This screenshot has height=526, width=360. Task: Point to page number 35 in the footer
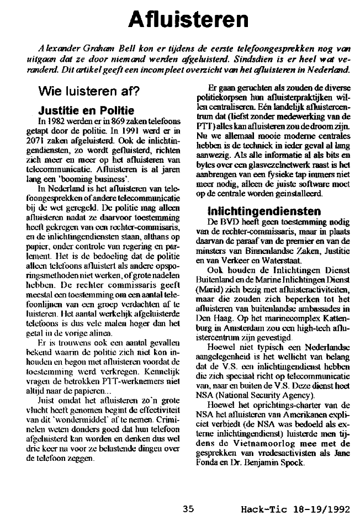[x=188, y=509]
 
